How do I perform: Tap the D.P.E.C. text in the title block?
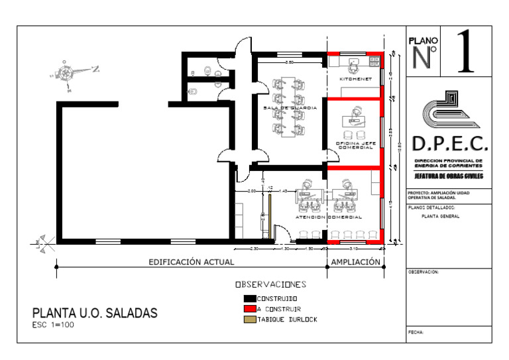coord(450,144)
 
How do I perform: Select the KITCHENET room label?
coord(355,79)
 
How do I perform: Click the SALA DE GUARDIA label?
coord(290,107)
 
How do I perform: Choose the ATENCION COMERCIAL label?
coord(329,217)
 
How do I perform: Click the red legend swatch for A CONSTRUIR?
coord(250,309)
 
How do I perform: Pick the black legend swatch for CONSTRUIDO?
coord(250,299)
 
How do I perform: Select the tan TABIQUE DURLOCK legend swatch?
coord(250,320)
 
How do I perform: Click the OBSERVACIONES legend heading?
coord(271,285)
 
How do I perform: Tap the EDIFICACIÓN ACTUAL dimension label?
coord(191,262)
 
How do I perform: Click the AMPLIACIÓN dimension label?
coord(356,262)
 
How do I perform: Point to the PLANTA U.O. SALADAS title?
coord(95,313)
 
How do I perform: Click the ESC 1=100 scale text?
coord(54,326)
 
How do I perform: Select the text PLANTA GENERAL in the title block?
coord(440,216)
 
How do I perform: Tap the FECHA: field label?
coord(416,331)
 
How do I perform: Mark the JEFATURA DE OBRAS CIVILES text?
coord(449,176)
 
